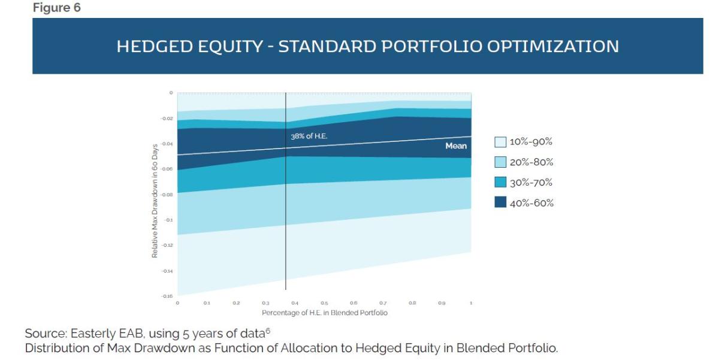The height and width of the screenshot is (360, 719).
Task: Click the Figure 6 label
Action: pyautogui.click(x=56, y=8)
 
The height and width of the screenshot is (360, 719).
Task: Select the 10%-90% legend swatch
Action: pyautogui.click(x=500, y=142)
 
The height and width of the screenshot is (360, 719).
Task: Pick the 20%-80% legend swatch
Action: pyautogui.click(x=500, y=162)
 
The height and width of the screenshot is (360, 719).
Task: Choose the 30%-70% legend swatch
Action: pyautogui.click(x=500, y=183)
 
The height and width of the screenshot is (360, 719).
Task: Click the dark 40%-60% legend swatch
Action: pyautogui.click(x=500, y=202)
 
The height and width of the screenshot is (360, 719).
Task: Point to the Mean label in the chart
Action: pyautogui.click(x=456, y=146)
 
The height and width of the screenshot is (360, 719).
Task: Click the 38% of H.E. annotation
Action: pyautogui.click(x=309, y=136)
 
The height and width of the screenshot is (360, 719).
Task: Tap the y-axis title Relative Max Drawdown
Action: pyautogui.click(x=155, y=201)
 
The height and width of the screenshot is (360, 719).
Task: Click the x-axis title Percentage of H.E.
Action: pyautogui.click(x=325, y=313)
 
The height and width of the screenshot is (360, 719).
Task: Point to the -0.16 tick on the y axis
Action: pyautogui.click(x=167, y=296)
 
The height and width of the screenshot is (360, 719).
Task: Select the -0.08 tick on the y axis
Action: pyautogui.click(x=167, y=195)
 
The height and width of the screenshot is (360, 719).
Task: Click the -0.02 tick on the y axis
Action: pyautogui.click(x=167, y=119)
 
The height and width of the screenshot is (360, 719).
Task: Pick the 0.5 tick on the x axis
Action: pyautogui.click(x=324, y=303)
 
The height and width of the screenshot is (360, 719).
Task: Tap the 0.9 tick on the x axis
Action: pyautogui.click(x=442, y=303)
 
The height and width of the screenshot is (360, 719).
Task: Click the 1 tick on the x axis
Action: pyautogui.click(x=471, y=303)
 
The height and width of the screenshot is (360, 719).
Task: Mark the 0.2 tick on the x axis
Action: pyautogui.click(x=236, y=303)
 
